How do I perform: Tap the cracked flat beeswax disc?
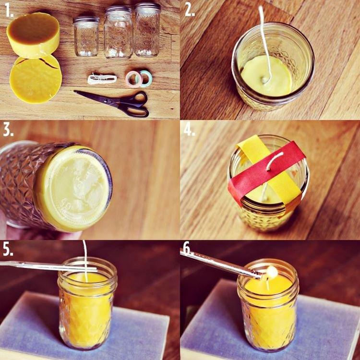pyautogui.click(x=35, y=78)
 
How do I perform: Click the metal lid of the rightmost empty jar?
pyautogui.click(x=147, y=7)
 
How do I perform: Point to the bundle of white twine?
pyautogui.click(x=102, y=79)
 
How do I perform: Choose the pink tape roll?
pyautogui.click(x=133, y=78)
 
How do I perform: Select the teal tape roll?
pyautogui.click(x=146, y=77)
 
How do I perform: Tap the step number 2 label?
pyautogui.click(x=190, y=11)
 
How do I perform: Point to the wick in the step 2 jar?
pyautogui.click(x=264, y=43)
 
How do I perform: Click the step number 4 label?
pyautogui.click(x=190, y=131)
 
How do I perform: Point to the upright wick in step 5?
pyautogui.click(x=85, y=259)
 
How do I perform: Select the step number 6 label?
pyautogui.click(x=188, y=249)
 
